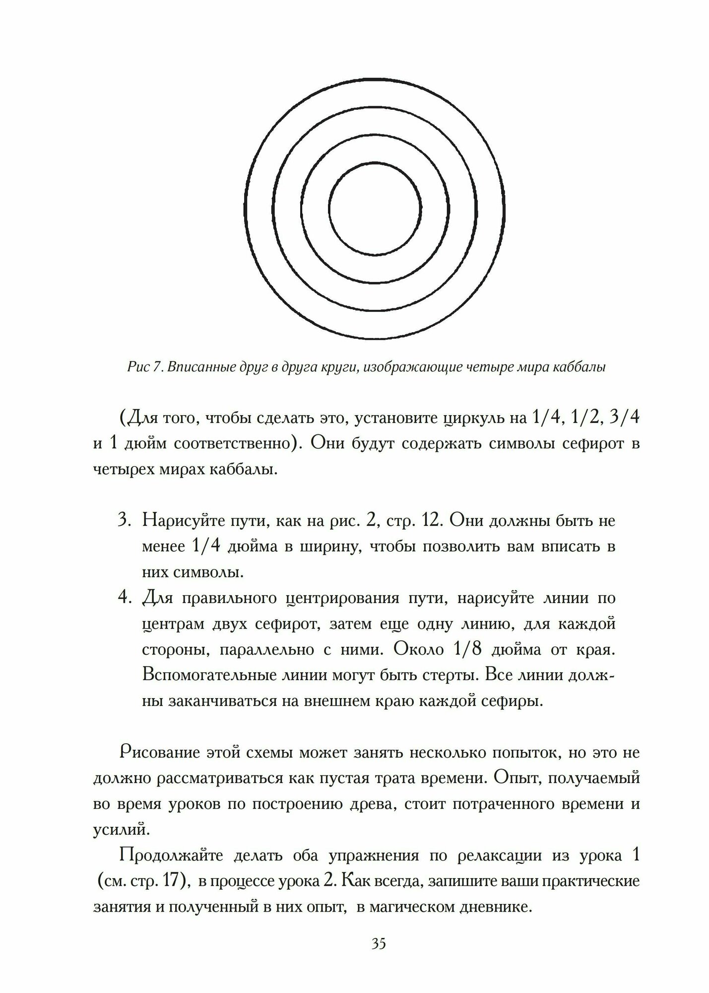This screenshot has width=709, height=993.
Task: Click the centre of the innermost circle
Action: pyautogui.click(x=375, y=208)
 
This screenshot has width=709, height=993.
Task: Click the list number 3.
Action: pyautogui.click(x=124, y=521)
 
